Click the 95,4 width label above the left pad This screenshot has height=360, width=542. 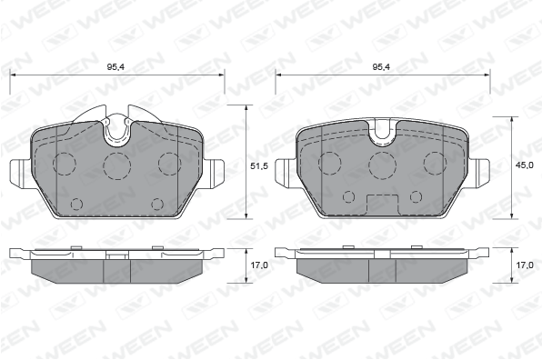[115, 67]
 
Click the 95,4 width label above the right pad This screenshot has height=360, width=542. [381, 67]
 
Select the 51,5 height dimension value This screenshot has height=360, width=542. [259, 166]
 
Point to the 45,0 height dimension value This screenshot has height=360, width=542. [525, 165]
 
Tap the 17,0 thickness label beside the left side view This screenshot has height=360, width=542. [259, 265]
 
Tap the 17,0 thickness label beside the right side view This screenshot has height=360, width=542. [525, 265]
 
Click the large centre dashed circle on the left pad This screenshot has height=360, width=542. [117, 165]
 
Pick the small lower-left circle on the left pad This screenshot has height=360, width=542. [76, 205]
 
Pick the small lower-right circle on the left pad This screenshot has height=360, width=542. [157, 205]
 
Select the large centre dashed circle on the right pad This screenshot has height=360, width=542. [382, 165]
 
